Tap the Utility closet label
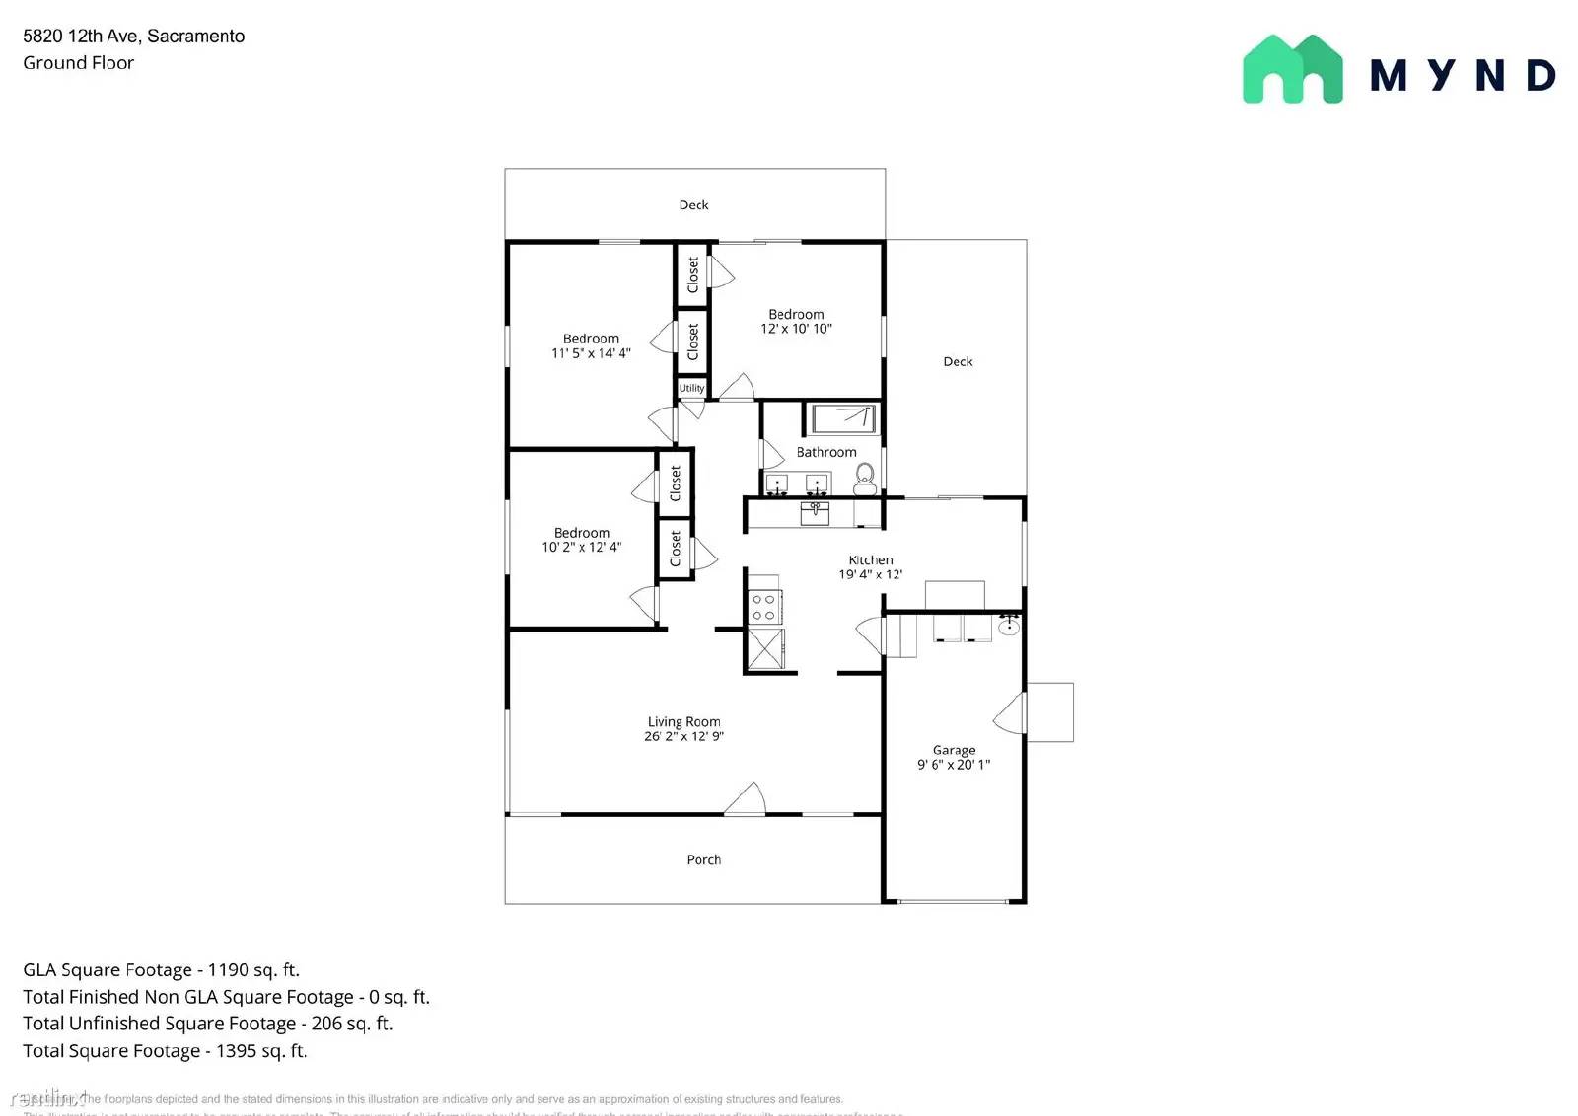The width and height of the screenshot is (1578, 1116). [x=691, y=388]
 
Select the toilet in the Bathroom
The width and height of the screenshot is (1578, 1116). [x=865, y=479]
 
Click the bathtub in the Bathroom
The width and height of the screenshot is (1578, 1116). [x=843, y=418]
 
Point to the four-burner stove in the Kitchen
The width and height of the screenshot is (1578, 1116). [x=764, y=607]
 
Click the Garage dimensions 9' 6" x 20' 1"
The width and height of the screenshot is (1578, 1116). [x=954, y=765]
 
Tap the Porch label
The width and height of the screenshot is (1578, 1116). [x=703, y=859]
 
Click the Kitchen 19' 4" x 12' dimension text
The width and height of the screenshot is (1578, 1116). [x=871, y=574]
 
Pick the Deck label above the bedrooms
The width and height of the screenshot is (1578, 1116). [x=693, y=205]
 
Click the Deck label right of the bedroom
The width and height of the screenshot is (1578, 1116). [x=958, y=361]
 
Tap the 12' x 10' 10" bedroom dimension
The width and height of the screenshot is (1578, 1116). [x=796, y=329]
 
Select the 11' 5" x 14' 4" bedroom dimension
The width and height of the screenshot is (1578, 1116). [x=591, y=353]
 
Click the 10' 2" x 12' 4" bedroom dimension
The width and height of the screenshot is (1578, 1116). [x=581, y=547]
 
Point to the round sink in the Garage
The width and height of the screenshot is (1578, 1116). [x=1009, y=625]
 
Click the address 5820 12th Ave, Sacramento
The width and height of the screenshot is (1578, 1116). [x=133, y=37]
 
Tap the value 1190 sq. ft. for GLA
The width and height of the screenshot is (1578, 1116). [x=253, y=970]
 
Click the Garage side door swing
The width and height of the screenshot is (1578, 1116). [x=1011, y=713]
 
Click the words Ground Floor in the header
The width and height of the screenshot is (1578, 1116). [x=78, y=63]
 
